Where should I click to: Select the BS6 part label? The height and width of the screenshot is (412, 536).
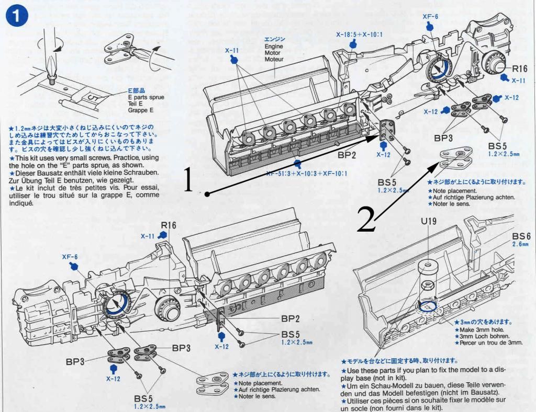coord(522,236)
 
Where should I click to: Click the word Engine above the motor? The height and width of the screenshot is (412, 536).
coord(272,46)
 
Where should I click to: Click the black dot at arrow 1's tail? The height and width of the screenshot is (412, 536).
coord(208,194)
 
